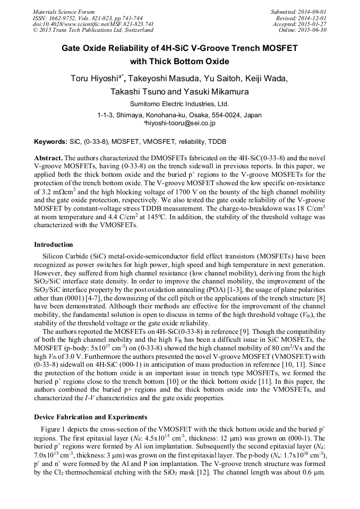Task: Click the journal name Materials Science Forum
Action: (x=64, y=12)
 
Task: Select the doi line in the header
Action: (x=93, y=24)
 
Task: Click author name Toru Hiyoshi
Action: (x=94, y=79)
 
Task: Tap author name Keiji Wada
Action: (x=266, y=79)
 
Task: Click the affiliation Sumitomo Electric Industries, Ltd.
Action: (x=179, y=104)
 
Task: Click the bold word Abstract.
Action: (x=48, y=158)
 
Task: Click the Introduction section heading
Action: (x=54, y=245)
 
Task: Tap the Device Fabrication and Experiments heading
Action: (x=91, y=417)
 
